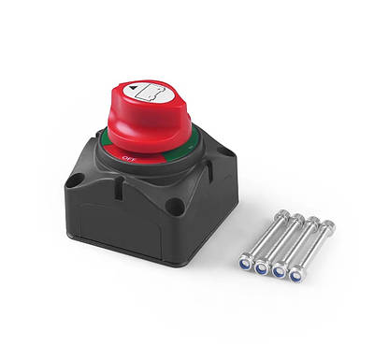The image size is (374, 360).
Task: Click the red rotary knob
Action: (149, 119)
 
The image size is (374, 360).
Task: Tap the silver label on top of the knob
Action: (149, 92)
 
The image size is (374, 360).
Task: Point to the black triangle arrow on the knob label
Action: (133, 88)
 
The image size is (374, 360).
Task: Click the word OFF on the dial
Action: (128, 158)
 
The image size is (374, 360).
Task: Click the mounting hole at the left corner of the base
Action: (77, 180)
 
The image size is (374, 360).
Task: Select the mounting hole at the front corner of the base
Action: (175, 205)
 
